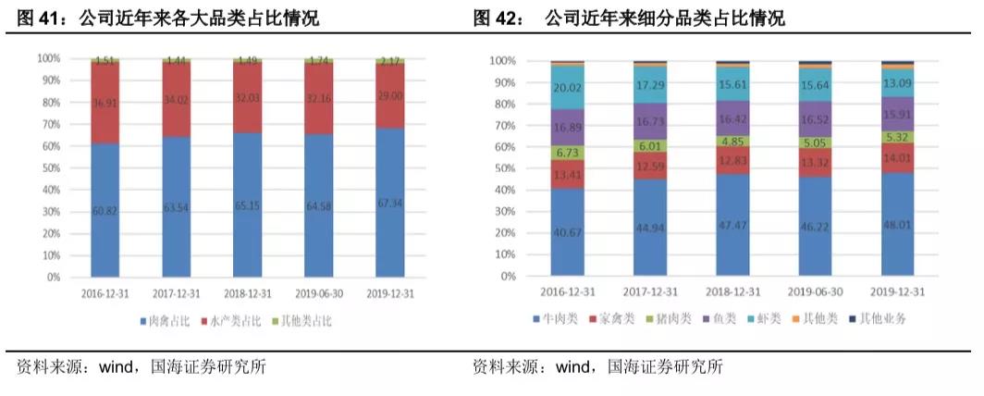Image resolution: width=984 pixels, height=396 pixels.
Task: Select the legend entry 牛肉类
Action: click(560, 318)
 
